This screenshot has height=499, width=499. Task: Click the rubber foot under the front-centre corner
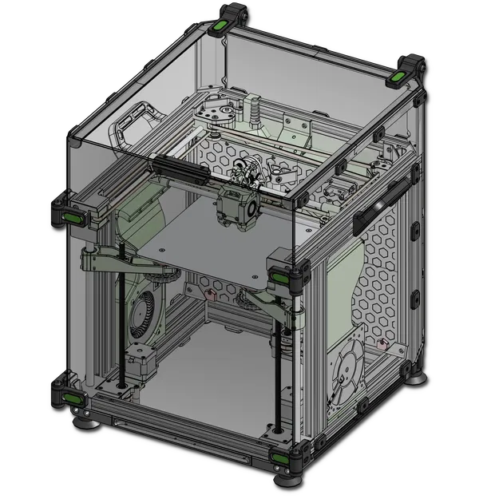coord(287,479)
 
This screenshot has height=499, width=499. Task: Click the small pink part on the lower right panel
coord(382,345)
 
